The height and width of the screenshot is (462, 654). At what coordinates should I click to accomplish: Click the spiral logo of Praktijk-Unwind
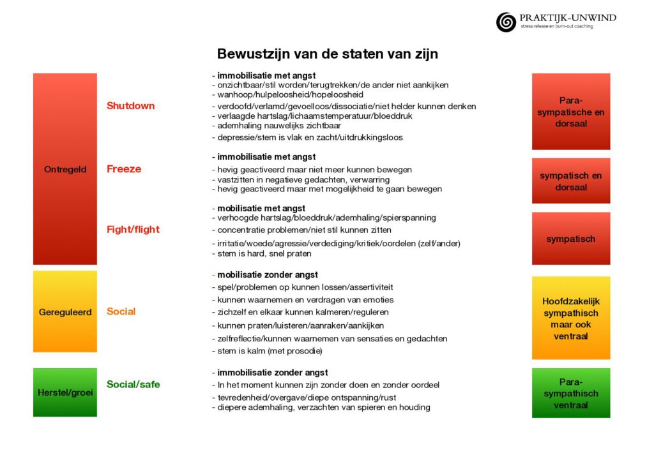pyautogui.click(x=506, y=22)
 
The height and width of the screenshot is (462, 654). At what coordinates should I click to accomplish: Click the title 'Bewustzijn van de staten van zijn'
pyautogui.click(x=327, y=54)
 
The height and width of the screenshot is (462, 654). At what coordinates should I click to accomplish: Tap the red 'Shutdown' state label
pyautogui.click(x=130, y=106)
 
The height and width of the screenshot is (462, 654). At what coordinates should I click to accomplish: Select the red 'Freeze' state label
pyautogui.click(x=124, y=169)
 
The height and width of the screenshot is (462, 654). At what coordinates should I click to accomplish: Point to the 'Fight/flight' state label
pyautogui.click(x=133, y=230)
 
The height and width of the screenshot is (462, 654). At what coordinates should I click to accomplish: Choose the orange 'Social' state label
pyautogui.click(x=121, y=311)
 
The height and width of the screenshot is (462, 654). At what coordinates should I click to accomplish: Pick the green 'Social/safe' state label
pyautogui.click(x=133, y=384)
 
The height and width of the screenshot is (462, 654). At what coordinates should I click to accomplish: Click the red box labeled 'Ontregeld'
pyautogui.click(x=65, y=169)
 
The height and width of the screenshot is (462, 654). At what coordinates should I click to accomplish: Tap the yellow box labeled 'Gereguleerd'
pyautogui.click(x=65, y=312)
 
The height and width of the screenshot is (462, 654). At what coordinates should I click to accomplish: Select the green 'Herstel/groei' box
pyautogui.click(x=65, y=392)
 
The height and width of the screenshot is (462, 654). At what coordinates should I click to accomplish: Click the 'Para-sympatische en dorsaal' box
pyautogui.click(x=570, y=112)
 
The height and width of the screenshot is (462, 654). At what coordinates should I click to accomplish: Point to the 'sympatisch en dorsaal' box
pyautogui.click(x=570, y=181)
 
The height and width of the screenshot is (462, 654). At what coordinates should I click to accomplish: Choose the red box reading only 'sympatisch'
pyautogui.click(x=570, y=239)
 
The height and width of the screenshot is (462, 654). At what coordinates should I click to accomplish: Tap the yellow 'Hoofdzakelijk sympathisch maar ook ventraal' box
pyautogui.click(x=570, y=318)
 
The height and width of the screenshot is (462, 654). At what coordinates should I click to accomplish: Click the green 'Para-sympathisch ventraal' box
pyautogui.click(x=570, y=393)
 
